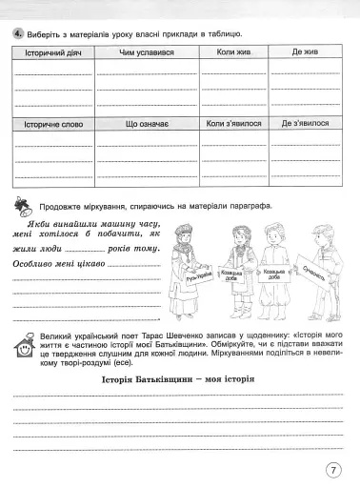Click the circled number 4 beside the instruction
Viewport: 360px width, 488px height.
[x=17, y=34]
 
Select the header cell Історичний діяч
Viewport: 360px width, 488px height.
[x=52, y=55]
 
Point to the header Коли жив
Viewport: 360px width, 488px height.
[x=234, y=55]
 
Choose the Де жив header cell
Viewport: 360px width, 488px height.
[x=305, y=55]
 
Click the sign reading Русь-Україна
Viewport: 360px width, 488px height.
[x=197, y=279]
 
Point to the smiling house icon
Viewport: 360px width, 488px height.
[x=21, y=346]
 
